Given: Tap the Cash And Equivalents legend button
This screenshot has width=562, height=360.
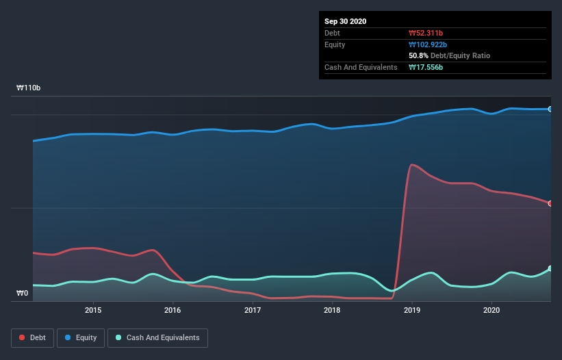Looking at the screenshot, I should [x=157, y=337].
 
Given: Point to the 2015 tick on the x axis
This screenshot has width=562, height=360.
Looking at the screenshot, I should [x=93, y=310].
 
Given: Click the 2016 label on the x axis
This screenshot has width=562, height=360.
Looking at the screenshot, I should [x=173, y=310].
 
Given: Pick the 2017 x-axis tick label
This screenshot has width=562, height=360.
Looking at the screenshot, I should [x=253, y=310].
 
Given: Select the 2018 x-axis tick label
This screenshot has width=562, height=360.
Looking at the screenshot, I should [x=332, y=310].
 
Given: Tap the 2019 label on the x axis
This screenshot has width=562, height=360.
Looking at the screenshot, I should [x=412, y=310].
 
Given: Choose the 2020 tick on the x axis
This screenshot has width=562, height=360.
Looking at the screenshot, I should [x=491, y=310].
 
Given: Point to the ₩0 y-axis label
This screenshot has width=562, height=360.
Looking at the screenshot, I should [x=23, y=294].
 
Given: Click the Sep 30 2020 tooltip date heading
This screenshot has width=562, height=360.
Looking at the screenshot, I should [x=345, y=21].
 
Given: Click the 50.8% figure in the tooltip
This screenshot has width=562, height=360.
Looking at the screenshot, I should [x=418, y=55].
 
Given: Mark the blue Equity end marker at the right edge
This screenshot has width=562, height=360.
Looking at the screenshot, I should [x=550, y=109].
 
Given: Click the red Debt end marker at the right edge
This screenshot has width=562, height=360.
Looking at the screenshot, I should [x=550, y=203].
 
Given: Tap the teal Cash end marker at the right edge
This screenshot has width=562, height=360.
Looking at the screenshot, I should [x=550, y=268].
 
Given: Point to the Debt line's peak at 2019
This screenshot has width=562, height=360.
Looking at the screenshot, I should [x=411, y=164].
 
